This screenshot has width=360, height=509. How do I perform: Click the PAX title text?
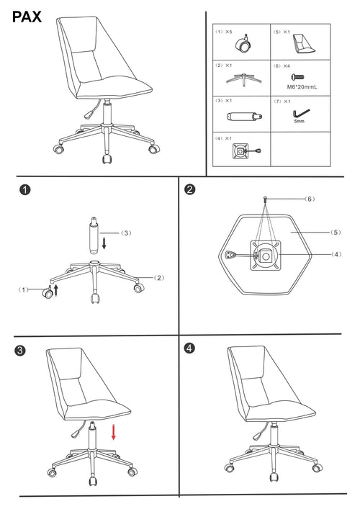pos(27,17)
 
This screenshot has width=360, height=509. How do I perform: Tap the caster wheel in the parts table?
pos(243,44)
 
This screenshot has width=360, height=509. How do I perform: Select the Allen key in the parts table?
pos(301,114)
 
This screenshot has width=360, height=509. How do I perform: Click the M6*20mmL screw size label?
pos(302,87)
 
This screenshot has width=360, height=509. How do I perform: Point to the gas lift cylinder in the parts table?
pos(244,116)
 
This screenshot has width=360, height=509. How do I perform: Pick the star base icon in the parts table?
pos(243,80)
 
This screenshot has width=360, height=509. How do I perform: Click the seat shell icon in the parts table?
pos(304,44)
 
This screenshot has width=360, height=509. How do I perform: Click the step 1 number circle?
pos(25,189)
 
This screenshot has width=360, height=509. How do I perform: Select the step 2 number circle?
pos(190,189)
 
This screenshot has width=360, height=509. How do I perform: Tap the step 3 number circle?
pos(20,351)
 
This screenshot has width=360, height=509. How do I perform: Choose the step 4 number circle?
pos(189,348)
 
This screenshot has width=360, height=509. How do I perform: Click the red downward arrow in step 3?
pos(113,432)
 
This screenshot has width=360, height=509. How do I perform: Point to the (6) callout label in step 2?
pos(310,199)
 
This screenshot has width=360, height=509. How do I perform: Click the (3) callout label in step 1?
pos(126,233)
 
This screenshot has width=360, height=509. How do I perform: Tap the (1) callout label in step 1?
pos(23,289)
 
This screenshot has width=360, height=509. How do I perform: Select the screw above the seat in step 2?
pos(266,199)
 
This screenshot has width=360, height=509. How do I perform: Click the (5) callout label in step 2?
pos(336,233)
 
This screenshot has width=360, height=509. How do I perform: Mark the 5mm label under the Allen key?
pos(300,122)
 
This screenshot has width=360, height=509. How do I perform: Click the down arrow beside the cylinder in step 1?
pos(104,243)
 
